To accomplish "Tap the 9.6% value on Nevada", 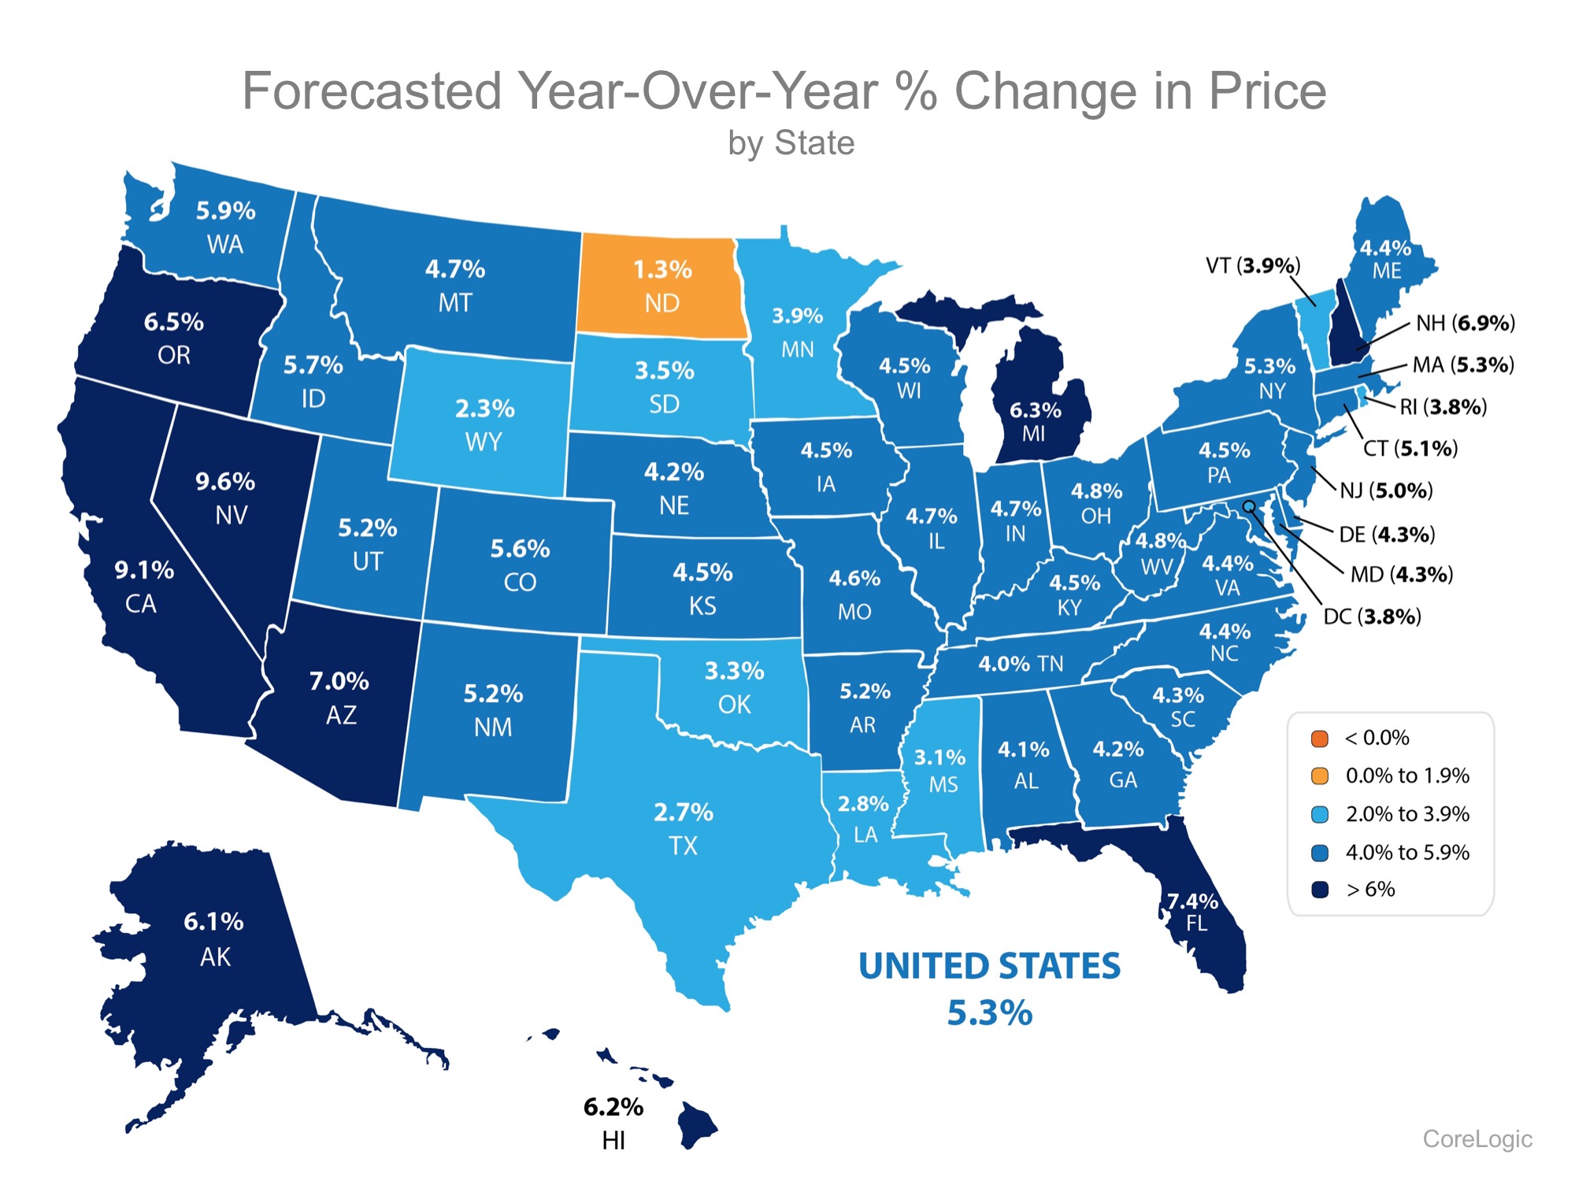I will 225,481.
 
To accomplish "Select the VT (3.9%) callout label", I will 1253,266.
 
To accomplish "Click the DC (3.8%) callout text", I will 1372,616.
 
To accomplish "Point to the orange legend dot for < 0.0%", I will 1320,739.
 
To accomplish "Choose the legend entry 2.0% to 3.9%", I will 1407,814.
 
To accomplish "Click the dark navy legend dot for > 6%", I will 1320,890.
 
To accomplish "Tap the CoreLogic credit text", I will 1477,1138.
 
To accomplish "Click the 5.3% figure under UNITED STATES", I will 989,1013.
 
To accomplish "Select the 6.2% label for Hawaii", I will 613,1108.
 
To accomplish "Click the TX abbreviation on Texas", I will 683,846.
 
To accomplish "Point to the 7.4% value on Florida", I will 1192,901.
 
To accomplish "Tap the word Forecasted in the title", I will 372,91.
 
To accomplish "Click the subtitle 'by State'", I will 791,143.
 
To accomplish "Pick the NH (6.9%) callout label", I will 1465,323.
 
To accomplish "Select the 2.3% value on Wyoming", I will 484,409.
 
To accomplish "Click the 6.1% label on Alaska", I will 213,922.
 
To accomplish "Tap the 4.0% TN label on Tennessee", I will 1021,664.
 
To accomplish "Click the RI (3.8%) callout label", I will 1443,407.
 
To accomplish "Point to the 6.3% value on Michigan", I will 1035,410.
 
